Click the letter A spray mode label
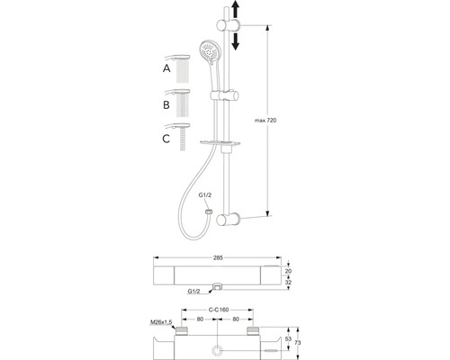[166, 68]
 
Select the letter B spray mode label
[166, 105]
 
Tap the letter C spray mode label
[166, 139]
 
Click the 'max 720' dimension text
[265, 121]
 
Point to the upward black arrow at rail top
[236, 10]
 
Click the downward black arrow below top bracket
[236, 41]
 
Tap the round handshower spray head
[210, 51]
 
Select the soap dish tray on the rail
[220, 143]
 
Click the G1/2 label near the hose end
[205, 195]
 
